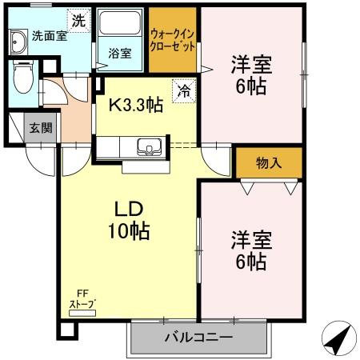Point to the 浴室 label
pos(119,54)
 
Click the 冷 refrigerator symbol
pos(184,90)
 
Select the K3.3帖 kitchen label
pos(136,106)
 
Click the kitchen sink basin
pos(148,146)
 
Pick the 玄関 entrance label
pos(40,127)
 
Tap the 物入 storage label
pos(269,163)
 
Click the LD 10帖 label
pos(128,220)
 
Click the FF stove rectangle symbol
pos(82,314)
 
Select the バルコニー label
pos(199,338)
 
